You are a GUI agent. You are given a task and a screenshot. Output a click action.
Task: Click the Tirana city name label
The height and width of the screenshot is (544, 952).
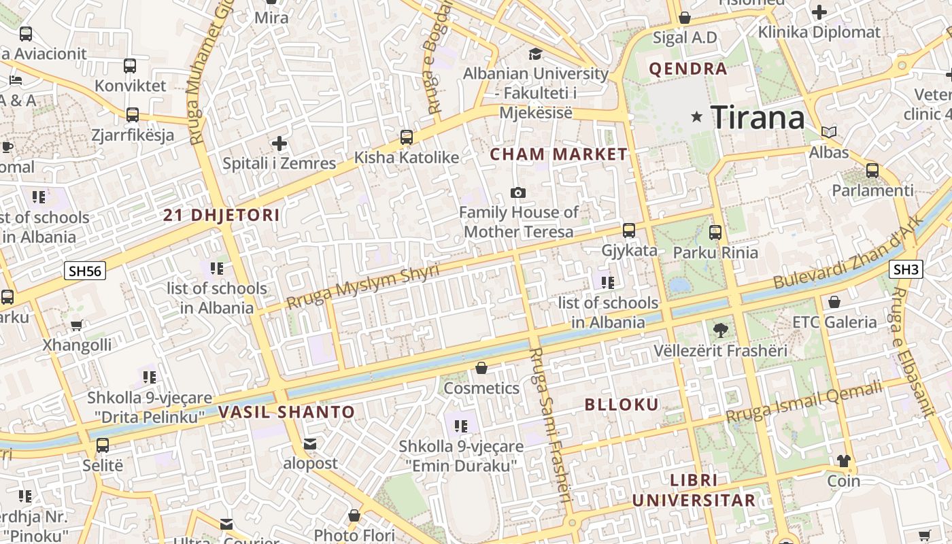758,118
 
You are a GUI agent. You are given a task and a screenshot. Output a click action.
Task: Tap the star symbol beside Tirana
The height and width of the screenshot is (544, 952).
696,117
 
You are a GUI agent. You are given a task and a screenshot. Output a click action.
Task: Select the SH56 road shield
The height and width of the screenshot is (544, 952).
85,271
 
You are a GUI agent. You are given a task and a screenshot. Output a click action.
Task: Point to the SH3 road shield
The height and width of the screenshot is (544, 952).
906,269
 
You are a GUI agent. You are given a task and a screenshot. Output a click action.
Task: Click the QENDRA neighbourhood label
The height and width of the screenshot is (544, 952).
688,69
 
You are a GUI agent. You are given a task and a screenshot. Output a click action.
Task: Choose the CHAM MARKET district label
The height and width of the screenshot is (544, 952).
559,154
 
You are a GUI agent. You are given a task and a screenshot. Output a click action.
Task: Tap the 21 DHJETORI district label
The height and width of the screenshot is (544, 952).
222,216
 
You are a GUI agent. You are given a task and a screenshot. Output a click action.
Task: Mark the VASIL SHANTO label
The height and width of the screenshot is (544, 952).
287,412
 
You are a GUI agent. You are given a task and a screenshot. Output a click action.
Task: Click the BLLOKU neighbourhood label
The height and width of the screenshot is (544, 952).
622,405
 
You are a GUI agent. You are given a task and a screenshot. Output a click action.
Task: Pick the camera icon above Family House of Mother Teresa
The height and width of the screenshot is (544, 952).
518,193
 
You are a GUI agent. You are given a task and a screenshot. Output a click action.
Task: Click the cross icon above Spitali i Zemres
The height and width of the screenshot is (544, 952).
279,143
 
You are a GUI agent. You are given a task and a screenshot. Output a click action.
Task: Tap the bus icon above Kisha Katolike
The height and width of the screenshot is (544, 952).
407,137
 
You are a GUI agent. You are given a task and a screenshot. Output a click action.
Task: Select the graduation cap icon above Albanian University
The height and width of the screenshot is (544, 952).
536,54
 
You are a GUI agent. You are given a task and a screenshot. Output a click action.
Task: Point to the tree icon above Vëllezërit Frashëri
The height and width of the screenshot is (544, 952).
720,331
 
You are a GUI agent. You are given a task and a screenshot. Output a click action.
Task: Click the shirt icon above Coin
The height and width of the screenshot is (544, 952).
844,461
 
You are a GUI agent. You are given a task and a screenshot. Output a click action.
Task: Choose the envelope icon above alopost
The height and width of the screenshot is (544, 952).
310,444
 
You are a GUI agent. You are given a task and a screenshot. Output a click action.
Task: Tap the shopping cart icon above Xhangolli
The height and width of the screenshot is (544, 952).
77,326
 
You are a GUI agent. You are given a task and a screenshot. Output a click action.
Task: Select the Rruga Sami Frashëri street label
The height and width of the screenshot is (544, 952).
549,425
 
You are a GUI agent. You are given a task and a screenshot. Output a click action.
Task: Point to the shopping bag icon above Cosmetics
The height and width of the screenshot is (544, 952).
481,369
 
